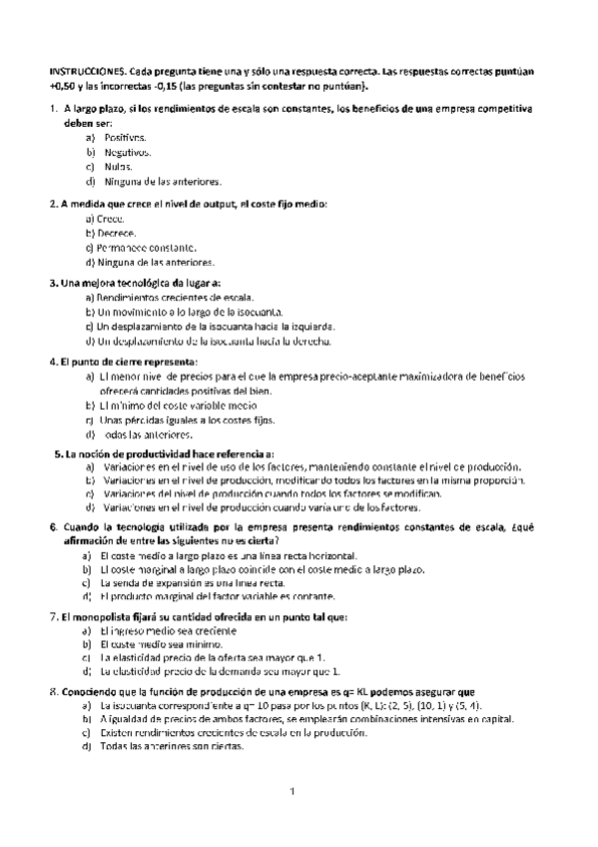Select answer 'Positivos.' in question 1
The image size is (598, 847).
click(125, 137)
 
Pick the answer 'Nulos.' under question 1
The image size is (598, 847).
click(118, 167)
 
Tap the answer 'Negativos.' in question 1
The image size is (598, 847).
click(127, 152)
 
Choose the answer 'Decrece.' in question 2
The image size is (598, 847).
click(116, 232)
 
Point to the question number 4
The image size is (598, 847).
click(53, 361)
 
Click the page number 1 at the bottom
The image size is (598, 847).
click(294, 792)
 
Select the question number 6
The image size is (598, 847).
click(53, 526)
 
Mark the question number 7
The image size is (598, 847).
click(53, 617)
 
